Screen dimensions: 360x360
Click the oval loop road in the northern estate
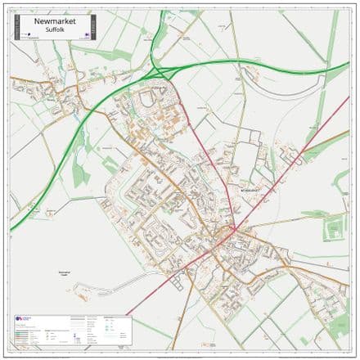pyautogui.click(x=147, y=99)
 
